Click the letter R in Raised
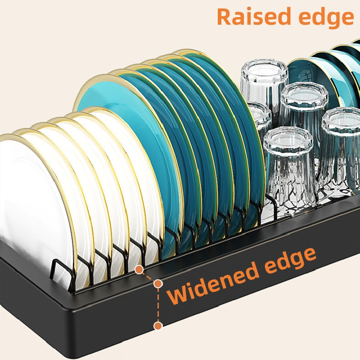click(225, 17)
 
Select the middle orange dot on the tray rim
click(157, 284)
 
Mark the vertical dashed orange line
click(157, 304)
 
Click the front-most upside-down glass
click(288, 171)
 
